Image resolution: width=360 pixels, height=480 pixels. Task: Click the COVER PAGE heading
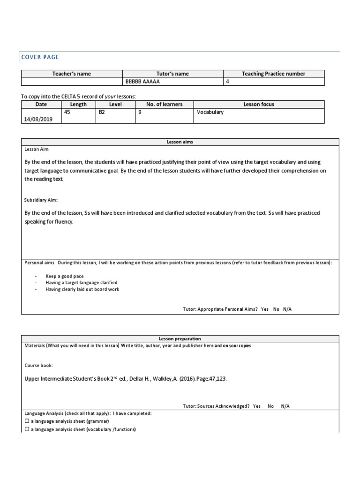tap(40, 57)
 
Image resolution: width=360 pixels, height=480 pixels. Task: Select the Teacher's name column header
tap(71, 74)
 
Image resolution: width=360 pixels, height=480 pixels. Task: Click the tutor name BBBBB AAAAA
tap(142, 82)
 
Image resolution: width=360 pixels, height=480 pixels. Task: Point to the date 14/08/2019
tap(38, 120)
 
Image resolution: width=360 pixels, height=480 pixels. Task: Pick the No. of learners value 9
tap(140, 112)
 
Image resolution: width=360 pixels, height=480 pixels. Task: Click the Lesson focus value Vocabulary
tap(210, 112)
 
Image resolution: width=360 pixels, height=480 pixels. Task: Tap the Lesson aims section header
tap(180, 142)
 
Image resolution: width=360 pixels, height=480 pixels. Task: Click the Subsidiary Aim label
tap(41, 200)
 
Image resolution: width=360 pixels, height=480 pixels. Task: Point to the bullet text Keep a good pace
tap(64, 277)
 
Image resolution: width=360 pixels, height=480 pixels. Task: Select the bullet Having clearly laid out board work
tap(82, 289)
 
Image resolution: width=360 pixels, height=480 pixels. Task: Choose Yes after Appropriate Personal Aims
tap(265, 309)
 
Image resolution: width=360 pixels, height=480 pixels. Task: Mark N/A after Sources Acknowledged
tap(285, 406)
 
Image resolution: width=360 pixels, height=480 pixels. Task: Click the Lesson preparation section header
tap(180, 338)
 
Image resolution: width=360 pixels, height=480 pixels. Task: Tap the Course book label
tap(38, 365)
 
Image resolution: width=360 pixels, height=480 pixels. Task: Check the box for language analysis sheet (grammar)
tap(26, 421)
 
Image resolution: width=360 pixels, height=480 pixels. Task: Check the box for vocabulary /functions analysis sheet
tap(26, 429)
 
